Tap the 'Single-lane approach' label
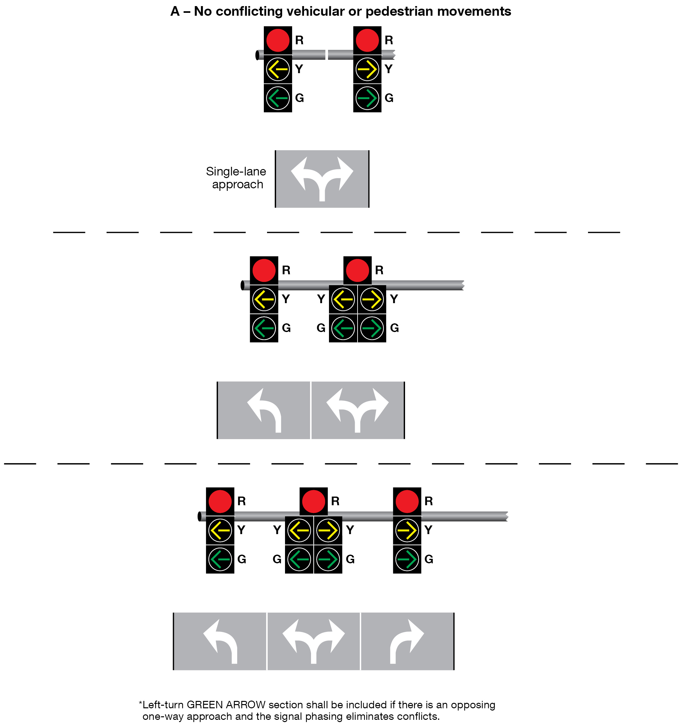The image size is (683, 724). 236,178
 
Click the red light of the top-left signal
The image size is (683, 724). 278,40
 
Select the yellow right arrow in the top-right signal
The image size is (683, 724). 367,69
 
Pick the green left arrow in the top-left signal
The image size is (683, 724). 278,98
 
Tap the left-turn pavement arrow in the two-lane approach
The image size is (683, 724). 264,410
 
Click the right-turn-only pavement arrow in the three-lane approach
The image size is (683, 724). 407,641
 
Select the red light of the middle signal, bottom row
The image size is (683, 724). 314,501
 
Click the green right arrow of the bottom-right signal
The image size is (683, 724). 407,559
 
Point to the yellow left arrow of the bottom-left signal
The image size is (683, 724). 220,530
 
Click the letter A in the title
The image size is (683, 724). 175,12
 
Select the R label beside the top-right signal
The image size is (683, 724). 389,40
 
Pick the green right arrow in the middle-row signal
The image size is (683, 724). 372,328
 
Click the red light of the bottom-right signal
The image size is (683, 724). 407,501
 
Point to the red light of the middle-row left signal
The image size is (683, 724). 264,270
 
